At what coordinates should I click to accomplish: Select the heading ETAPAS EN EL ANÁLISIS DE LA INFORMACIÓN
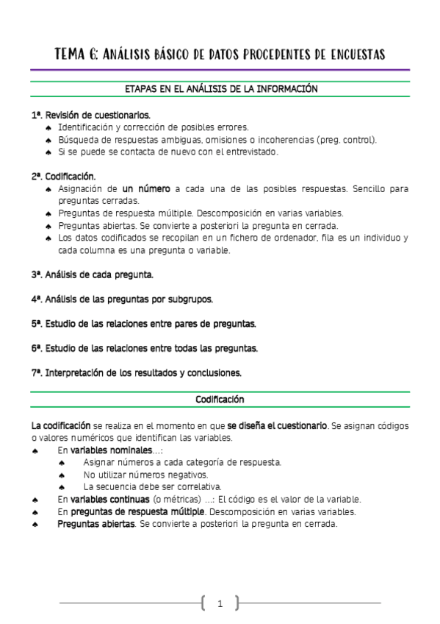pyautogui.click(x=220, y=88)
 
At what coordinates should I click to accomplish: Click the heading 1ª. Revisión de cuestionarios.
pyautogui.click(x=90, y=116)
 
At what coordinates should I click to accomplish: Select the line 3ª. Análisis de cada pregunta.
pyautogui.click(x=93, y=274)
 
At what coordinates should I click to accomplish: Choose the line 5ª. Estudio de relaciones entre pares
pyautogui.click(x=143, y=324)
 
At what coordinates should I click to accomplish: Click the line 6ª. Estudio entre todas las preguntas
pyautogui.click(x=144, y=348)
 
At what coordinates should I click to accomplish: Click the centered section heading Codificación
pyautogui.click(x=220, y=400)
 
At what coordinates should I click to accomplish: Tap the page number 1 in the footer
pyautogui.click(x=220, y=605)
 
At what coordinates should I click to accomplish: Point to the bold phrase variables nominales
pyautogui.click(x=111, y=450)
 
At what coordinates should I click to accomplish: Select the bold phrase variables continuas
pyautogui.click(x=111, y=499)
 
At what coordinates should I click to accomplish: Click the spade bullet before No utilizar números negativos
pyautogui.click(x=62, y=475)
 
